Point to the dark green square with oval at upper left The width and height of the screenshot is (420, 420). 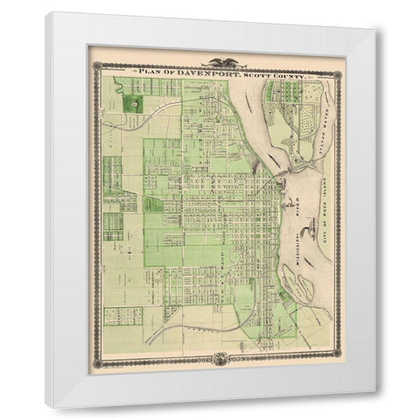pos(133,103)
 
